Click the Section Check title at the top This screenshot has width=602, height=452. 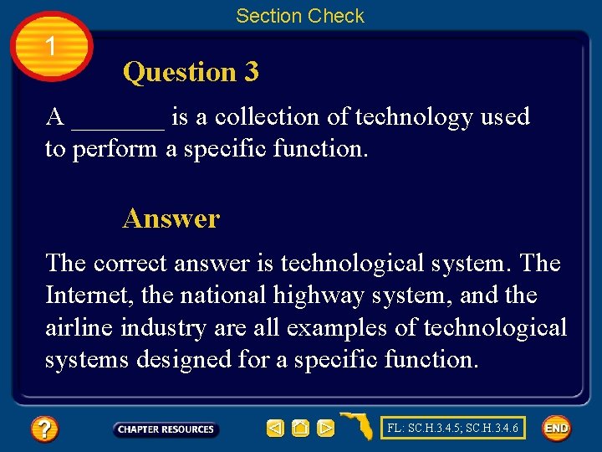pyautogui.click(x=300, y=16)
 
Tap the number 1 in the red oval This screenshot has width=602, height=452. pyautogui.click(x=52, y=47)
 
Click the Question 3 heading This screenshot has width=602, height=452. pyautogui.click(x=191, y=72)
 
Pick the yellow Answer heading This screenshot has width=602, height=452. pyautogui.click(x=171, y=218)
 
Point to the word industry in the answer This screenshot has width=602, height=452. pyautogui.click(x=164, y=328)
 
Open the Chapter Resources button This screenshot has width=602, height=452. pyautogui.click(x=166, y=429)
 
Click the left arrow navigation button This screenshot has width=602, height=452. pyautogui.click(x=275, y=429)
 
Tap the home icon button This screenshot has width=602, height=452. pyautogui.click(x=300, y=429)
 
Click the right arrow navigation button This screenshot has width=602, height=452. pyautogui.click(x=325, y=429)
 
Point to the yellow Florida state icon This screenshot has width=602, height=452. pyautogui.click(x=357, y=426)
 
